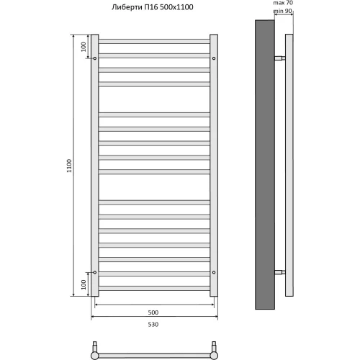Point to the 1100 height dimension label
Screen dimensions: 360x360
69,165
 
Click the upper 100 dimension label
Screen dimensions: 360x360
84,46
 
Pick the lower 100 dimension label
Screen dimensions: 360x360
84,284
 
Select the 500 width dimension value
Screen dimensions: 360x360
153,312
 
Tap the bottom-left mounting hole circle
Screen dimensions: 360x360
94,272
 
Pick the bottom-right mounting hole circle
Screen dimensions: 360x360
214,272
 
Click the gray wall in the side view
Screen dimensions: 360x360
264,165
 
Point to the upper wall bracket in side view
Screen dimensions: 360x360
279,58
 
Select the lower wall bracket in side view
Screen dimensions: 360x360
279,272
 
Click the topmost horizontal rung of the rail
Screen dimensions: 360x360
153,41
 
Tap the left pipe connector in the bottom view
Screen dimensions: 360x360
96,353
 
